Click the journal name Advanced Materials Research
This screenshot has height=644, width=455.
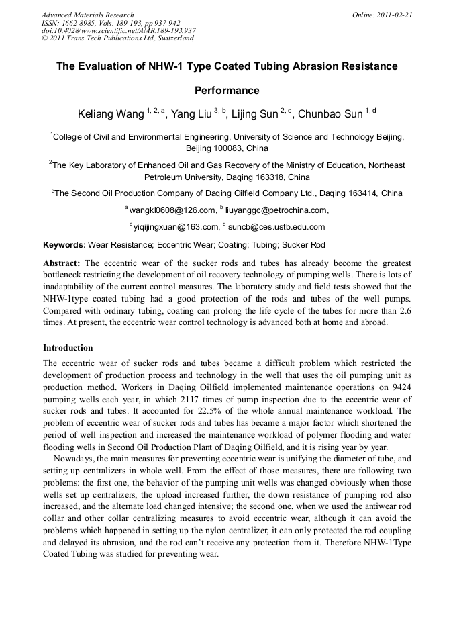[x=87, y=15]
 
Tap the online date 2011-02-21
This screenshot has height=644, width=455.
[x=393, y=15]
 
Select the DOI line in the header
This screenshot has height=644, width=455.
[x=118, y=30]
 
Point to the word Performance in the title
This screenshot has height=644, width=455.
[x=227, y=90]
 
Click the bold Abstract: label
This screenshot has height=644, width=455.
[x=62, y=263]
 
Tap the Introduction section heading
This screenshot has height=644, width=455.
[x=68, y=348]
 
